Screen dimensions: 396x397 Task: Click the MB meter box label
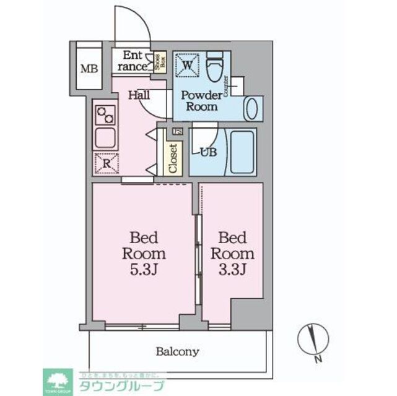(88, 66)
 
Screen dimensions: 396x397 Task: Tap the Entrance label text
(131, 60)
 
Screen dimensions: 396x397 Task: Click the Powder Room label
(201, 100)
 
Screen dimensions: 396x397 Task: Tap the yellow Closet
(173, 158)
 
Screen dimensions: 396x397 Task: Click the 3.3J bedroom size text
(232, 270)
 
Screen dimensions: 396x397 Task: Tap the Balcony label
(178, 351)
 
